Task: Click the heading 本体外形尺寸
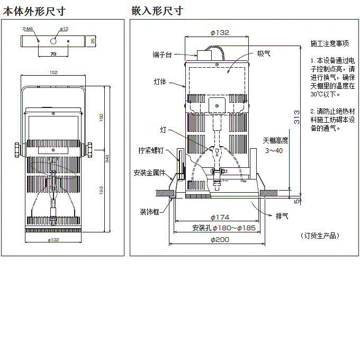point(34,10)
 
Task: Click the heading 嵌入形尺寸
point(157,10)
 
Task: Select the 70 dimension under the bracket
point(53,54)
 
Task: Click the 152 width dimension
point(53,73)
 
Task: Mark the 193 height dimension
point(102,191)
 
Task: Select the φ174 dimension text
point(219,217)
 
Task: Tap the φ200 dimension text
point(219,240)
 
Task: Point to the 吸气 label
point(263,53)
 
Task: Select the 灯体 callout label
point(160,82)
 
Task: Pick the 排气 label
point(282,216)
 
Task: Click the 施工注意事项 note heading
point(329,43)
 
